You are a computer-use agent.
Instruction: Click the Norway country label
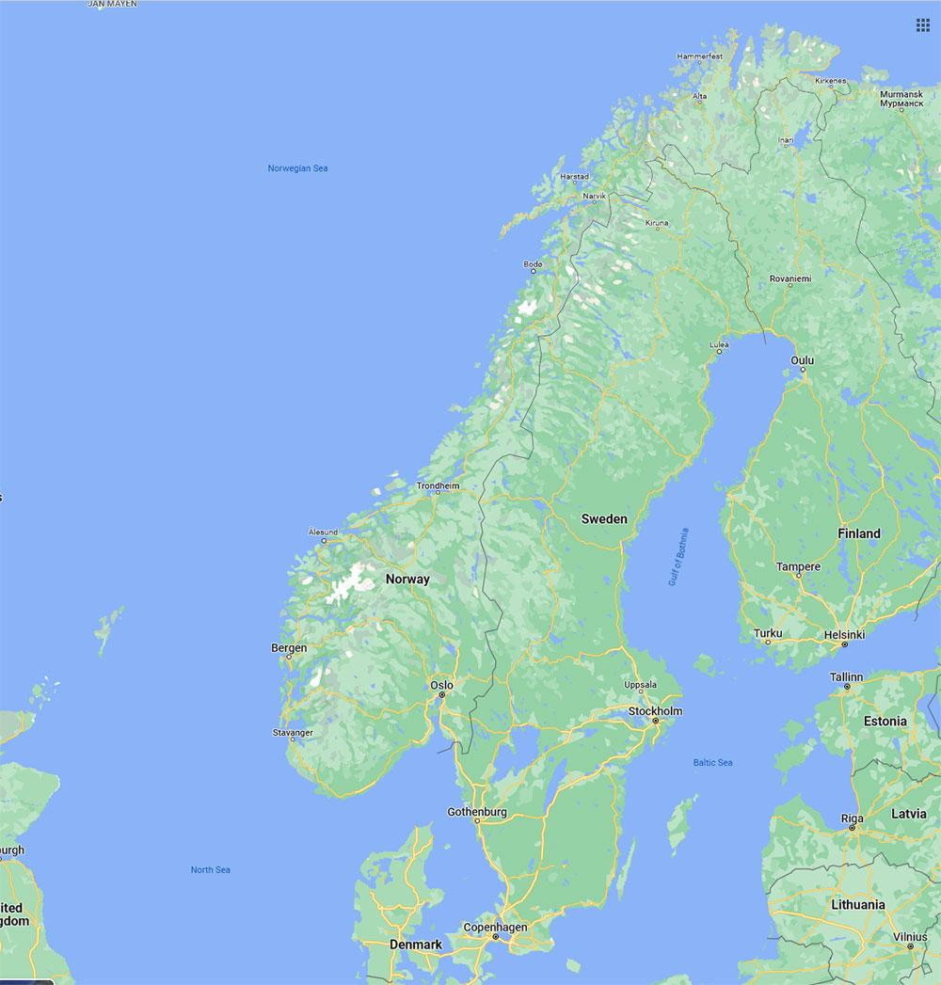pos(407,580)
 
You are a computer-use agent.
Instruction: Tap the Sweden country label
pos(604,519)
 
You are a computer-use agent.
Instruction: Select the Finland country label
pos(859,533)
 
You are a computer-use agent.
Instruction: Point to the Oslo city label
pos(441,685)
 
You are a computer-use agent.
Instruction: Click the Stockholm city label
pos(655,711)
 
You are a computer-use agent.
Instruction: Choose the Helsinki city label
pos(843,635)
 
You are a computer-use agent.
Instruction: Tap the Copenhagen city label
pos(495,928)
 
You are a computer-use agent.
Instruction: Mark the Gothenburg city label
pos(477,812)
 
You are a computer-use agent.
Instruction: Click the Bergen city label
pos(289,648)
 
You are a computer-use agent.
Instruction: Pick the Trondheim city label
pos(439,486)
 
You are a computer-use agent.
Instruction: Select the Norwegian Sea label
pos(297,168)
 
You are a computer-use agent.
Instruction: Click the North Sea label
pos(211,870)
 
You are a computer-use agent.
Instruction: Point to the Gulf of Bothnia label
pos(678,557)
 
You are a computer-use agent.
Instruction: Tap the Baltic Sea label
pos(712,763)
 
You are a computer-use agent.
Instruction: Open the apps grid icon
pos(923,24)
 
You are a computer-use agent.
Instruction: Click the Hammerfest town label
pos(700,56)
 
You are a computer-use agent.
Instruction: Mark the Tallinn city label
pos(846,677)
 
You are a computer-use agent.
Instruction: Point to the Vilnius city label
pos(910,937)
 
